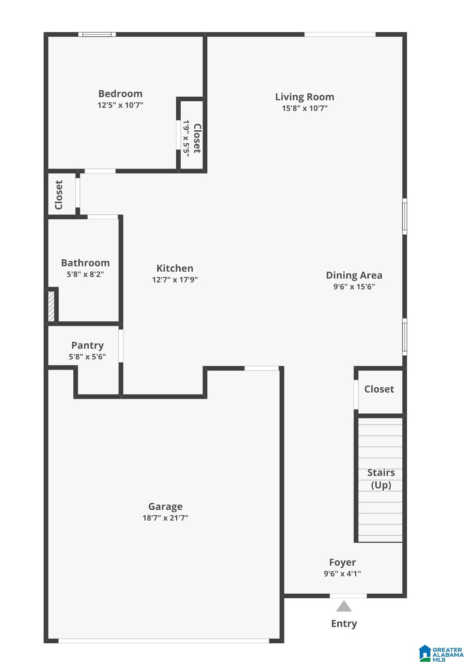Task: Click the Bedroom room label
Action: coord(120,94)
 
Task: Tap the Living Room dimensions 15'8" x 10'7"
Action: coord(305,108)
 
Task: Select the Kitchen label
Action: coord(175,268)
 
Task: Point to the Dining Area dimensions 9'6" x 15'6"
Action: coord(354,286)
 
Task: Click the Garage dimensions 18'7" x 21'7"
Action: coord(165,518)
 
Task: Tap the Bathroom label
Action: coord(85,263)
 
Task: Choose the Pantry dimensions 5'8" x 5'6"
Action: coord(87,357)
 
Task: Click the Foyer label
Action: coord(343,562)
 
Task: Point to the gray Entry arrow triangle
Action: coord(344,607)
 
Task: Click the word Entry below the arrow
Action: coord(344,623)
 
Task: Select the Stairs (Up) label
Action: coord(381,479)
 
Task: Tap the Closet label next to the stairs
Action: coord(379,389)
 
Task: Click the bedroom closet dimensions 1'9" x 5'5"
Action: coord(186,138)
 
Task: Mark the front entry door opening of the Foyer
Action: coord(348,596)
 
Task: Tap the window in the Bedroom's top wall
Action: coord(97,34)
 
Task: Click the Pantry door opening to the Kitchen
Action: coord(121,346)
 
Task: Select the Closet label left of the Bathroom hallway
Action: coord(58,195)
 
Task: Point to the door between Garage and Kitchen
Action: coord(262,368)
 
